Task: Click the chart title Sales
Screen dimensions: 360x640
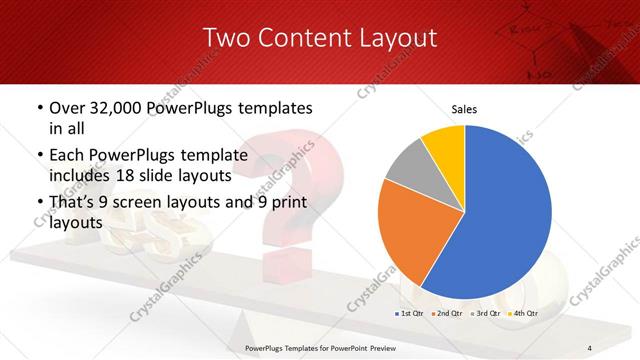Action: click(x=464, y=109)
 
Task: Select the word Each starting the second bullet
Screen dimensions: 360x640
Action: click(x=69, y=156)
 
